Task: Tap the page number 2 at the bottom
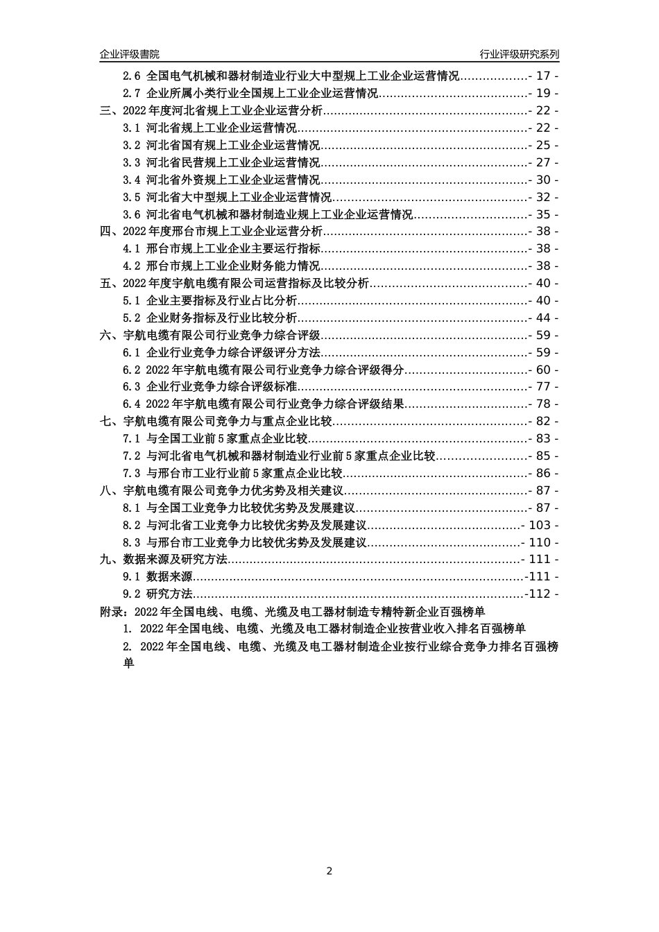coord(329,871)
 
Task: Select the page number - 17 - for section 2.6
coord(543,76)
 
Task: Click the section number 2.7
coord(132,94)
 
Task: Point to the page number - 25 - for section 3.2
coord(543,146)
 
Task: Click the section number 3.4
coord(132,180)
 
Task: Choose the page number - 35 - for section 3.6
coord(543,215)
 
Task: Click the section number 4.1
coord(132,249)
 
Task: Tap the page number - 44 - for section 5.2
coord(543,318)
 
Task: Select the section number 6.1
coord(132,353)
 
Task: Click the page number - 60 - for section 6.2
coord(543,370)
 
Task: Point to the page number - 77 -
coord(543,387)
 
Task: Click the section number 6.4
coord(132,404)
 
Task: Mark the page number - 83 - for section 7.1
coord(543,439)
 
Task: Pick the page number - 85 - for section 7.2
coord(543,456)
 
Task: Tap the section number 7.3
coord(132,474)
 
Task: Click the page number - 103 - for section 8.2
coord(540,526)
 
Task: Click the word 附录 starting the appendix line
coord(112,612)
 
